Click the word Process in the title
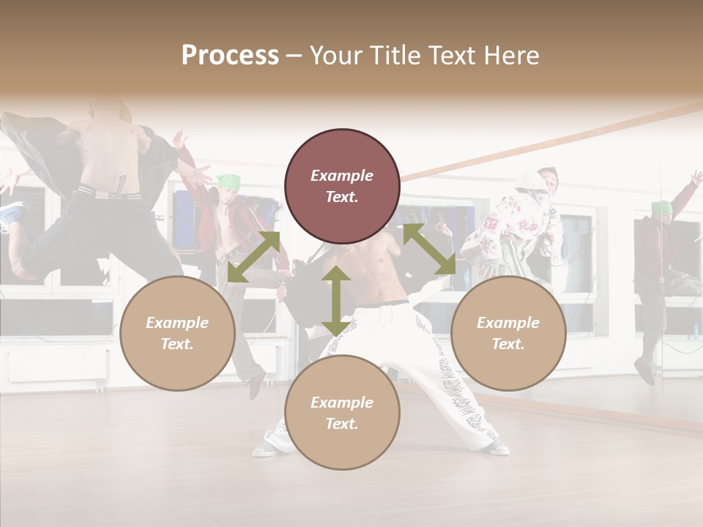click(x=230, y=56)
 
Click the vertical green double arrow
click(x=335, y=302)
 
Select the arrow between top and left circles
click(x=253, y=256)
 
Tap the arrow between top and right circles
click(x=429, y=249)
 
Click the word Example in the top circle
click(x=342, y=176)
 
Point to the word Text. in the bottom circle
click(x=342, y=424)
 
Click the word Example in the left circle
click(x=177, y=323)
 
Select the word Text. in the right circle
click(x=508, y=344)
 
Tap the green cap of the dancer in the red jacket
click(x=228, y=181)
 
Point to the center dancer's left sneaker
click(x=267, y=448)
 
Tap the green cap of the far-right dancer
click(x=661, y=207)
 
